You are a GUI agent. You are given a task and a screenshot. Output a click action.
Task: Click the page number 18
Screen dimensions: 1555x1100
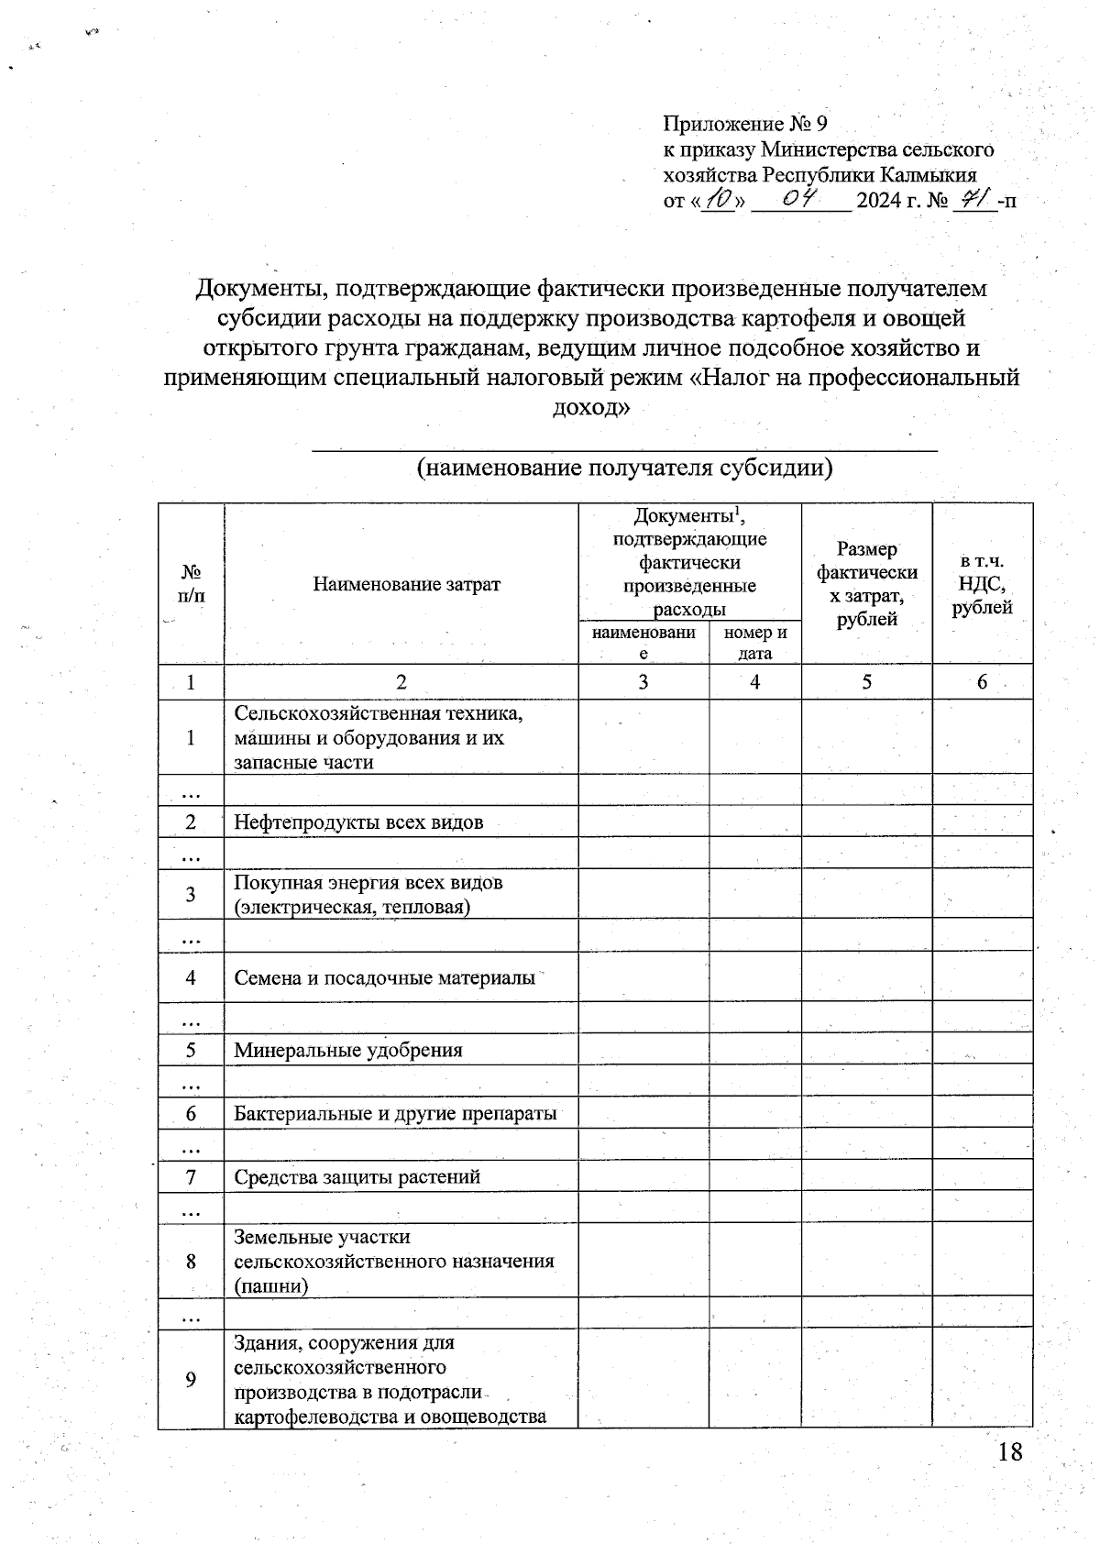coord(1009,1451)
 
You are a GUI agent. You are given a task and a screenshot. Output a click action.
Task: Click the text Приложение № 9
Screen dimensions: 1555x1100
coord(744,124)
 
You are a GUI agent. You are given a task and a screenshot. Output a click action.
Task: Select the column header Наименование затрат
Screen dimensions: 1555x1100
coord(406,584)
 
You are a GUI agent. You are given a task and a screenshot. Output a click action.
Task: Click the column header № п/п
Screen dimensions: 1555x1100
coord(191,583)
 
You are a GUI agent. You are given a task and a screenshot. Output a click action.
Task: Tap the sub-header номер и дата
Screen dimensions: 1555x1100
coord(755,643)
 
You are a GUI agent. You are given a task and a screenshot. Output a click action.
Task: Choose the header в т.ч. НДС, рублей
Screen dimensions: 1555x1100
coord(982,584)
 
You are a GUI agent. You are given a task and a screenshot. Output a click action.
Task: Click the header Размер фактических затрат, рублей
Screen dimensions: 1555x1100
coord(866,584)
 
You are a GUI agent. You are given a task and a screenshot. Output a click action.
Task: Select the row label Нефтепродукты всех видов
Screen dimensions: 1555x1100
coord(358,822)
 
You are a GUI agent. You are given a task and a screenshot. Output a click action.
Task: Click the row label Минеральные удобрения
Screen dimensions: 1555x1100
coord(348,1050)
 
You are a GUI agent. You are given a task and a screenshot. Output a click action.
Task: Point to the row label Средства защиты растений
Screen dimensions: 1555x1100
coord(357,1176)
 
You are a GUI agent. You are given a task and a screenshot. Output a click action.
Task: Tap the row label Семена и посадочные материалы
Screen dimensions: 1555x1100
coord(384,977)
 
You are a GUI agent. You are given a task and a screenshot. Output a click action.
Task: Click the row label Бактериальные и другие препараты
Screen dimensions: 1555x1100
coord(395,1113)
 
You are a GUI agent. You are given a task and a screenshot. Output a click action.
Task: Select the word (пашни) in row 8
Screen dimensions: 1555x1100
coord(270,1285)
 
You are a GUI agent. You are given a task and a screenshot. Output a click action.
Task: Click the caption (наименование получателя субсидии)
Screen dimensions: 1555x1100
coord(624,469)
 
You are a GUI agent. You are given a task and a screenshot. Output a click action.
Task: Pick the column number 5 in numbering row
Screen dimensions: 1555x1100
coord(866,682)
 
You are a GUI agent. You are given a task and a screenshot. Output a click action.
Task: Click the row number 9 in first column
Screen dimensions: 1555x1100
coord(191,1379)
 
